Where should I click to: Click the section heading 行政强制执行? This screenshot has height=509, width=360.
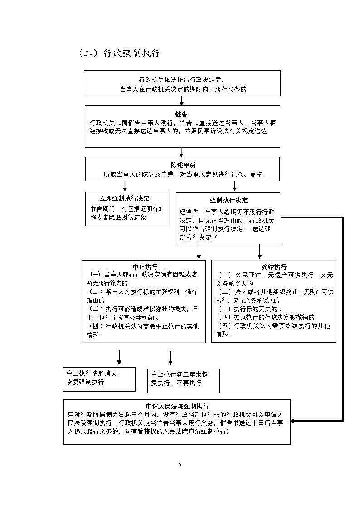pos(119,53)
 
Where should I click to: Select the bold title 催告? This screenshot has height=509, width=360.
pos(181,114)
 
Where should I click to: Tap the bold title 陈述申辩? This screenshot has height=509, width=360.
pos(183,165)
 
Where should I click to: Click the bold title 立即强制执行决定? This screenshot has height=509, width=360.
pos(125,199)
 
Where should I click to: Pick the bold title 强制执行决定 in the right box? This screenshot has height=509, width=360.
pos(229,200)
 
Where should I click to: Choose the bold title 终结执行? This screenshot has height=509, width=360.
pos(274,267)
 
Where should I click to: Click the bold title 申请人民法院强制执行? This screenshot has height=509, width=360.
pos(177,406)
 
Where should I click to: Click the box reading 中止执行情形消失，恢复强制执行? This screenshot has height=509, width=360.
pos(99,378)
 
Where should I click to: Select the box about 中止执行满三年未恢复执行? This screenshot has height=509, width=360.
pos(183,380)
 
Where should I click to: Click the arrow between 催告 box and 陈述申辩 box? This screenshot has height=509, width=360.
pos(181,152)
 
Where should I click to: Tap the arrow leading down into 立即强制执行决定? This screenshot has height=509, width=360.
pos(125,186)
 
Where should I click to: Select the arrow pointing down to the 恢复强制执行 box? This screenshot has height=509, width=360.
pos(119,358)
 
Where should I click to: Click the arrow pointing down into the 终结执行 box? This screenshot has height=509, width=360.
pos(260,252)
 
